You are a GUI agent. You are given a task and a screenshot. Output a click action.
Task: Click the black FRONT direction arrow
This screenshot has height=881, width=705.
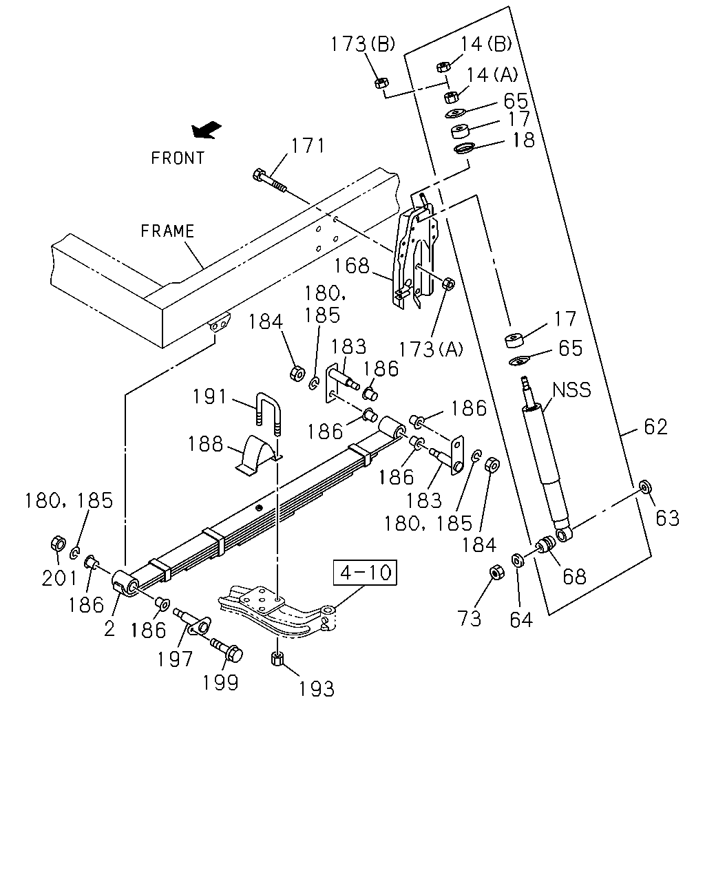click(207, 129)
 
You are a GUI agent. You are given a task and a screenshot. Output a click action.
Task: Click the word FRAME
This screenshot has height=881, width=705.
click(167, 231)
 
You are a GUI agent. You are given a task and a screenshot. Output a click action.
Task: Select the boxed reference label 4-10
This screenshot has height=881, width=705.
click(365, 572)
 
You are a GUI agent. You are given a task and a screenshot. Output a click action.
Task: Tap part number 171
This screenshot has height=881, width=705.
click(308, 146)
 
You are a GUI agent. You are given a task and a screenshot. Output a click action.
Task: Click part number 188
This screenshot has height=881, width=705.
click(205, 444)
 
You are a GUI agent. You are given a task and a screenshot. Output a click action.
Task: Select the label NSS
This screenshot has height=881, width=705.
click(571, 390)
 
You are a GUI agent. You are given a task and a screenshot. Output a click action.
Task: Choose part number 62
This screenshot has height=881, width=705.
click(656, 427)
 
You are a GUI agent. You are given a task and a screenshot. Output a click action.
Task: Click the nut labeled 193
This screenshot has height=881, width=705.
click(277, 659)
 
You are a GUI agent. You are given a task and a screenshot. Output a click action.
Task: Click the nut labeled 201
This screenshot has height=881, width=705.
click(58, 544)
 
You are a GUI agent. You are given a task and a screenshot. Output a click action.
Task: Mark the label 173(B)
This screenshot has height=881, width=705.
click(363, 44)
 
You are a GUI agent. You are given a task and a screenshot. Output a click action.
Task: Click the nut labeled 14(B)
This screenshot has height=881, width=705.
click(443, 67)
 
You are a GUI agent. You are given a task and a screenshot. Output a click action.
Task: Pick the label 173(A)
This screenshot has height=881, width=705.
click(430, 349)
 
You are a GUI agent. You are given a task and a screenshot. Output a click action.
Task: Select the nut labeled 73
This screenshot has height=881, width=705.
click(497, 572)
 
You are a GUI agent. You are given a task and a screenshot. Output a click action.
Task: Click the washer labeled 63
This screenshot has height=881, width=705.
click(646, 487)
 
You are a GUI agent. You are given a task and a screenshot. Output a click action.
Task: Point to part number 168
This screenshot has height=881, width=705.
click(352, 266)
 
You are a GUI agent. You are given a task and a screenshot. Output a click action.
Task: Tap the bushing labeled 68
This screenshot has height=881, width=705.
click(546, 544)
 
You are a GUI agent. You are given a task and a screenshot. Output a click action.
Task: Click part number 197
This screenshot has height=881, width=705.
click(175, 659)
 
